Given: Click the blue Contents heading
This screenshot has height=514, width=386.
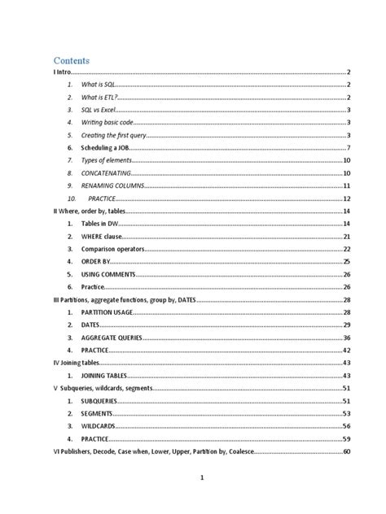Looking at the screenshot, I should [x=72, y=60].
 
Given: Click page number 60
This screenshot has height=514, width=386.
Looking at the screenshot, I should [x=346, y=451].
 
